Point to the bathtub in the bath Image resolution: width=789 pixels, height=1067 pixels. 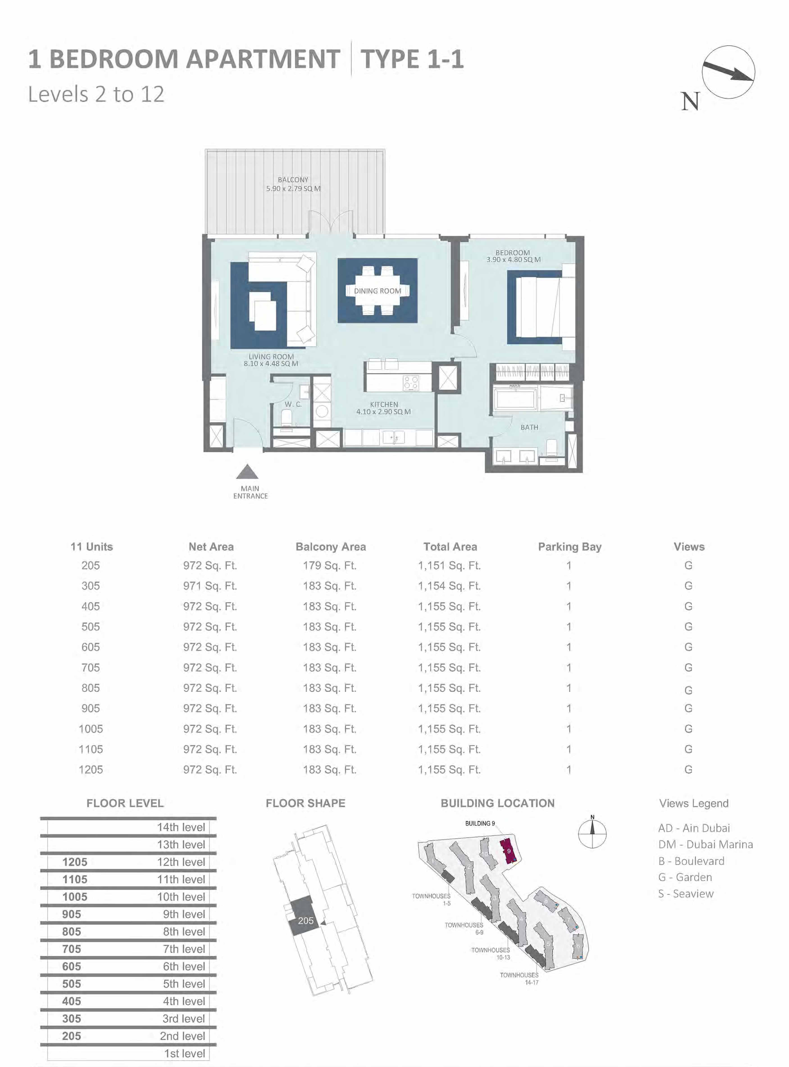tap(516, 398)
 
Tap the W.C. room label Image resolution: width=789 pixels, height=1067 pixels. tap(293, 404)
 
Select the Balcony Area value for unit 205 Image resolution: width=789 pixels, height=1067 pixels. tap(330, 566)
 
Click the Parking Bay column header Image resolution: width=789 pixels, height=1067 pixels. tap(569, 547)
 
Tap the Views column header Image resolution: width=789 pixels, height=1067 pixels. tap(689, 547)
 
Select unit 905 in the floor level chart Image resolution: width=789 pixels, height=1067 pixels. tap(72, 914)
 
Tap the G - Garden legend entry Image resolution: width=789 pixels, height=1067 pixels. tap(685, 877)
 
